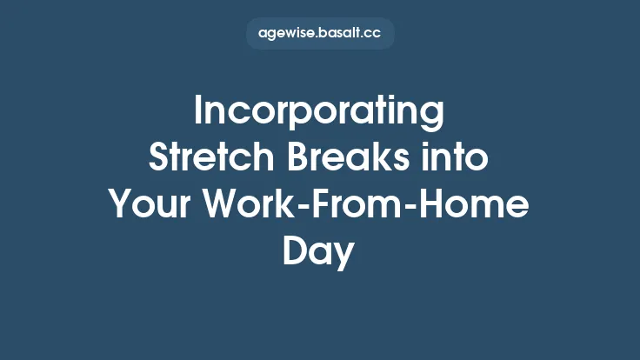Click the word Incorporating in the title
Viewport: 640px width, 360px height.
coord(319,113)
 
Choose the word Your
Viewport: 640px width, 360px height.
coord(150,205)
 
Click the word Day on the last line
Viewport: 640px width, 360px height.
coord(319,251)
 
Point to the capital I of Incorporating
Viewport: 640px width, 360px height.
coord(199,113)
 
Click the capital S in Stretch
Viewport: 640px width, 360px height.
coord(159,159)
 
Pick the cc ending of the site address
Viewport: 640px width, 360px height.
coord(374,34)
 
